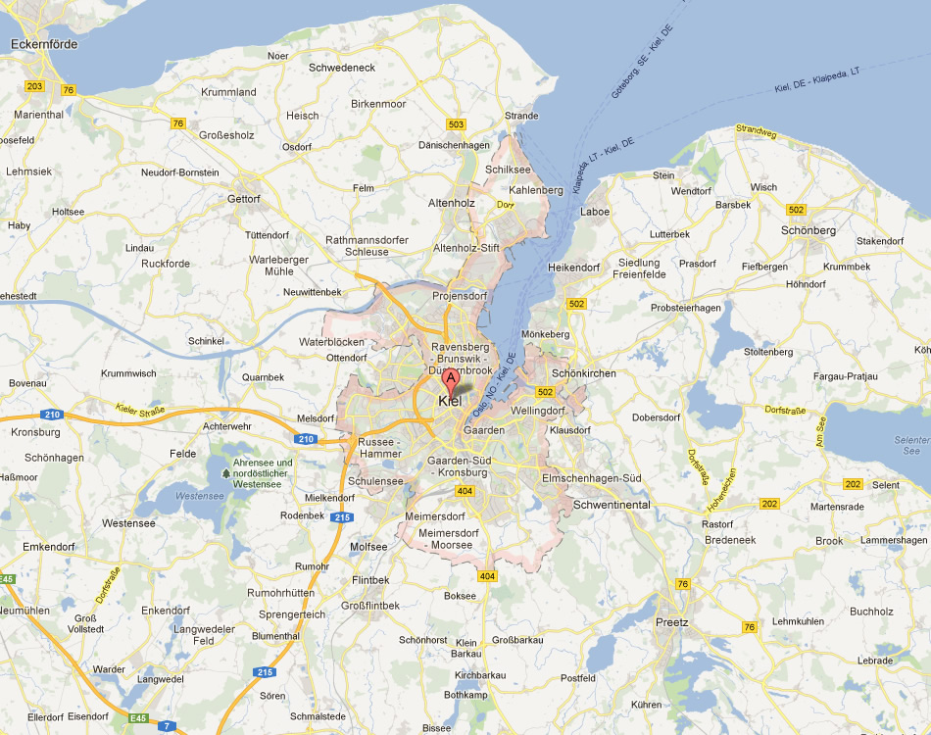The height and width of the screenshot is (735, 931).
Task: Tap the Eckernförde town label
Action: point(43,44)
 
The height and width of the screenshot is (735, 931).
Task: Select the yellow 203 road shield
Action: point(35,87)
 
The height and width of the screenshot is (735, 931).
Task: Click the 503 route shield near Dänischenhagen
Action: point(456,124)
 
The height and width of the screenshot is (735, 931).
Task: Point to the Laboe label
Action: point(595,212)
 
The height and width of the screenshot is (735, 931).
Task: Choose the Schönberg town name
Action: point(808,230)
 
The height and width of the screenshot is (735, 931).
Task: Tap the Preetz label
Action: point(672,622)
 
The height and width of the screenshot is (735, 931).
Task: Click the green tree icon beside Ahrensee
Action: point(226,472)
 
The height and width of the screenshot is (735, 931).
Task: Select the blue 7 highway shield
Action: point(168,725)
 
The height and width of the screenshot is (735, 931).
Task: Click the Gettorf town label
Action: point(244,199)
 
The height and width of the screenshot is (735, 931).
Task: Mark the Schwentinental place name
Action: point(612,504)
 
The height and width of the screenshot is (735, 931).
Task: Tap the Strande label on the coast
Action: point(521,116)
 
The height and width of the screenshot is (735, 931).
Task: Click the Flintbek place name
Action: point(370,580)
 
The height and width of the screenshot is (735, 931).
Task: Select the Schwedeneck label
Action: point(342,68)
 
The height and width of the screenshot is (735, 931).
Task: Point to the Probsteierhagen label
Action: point(686,308)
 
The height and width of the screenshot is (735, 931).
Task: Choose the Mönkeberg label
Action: point(546,334)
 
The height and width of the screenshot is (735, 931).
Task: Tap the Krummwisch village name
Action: point(128,373)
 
